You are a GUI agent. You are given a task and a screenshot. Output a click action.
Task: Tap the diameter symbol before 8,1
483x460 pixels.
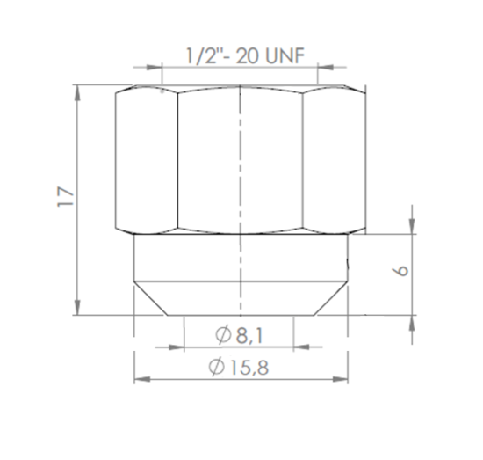pos(223,334)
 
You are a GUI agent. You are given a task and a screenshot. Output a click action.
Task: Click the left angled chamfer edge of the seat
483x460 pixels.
pos(150,299)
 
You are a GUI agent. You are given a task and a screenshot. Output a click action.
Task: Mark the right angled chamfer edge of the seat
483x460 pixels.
pos(329,299)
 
